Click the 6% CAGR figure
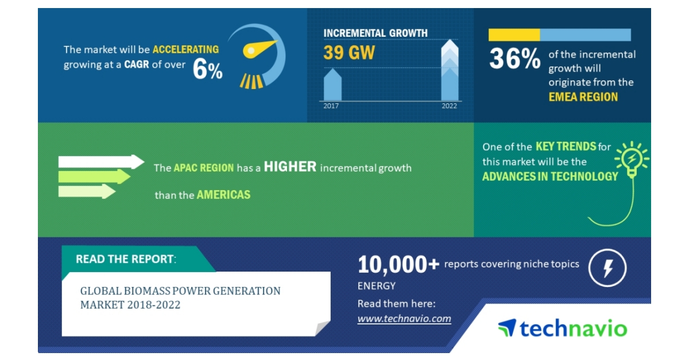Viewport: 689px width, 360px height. click(x=207, y=71)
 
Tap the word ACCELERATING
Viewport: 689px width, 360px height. click(x=185, y=49)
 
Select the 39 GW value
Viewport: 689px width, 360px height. click(x=349, y=53)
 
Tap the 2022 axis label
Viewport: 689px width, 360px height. click(x=449, y=106)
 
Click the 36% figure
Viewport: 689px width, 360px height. click(x=514, y=59)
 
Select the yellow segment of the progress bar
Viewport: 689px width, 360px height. click(x=514, y=35)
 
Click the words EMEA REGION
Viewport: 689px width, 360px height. click(x=583, y=97)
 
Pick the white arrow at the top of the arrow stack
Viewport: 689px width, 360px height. click(x=101, y=162)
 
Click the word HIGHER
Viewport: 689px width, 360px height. click(x=290, y=167)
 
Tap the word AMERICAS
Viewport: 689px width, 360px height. click(x=223, y=195)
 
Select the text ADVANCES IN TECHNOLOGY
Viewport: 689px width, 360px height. click(x=549, y=176)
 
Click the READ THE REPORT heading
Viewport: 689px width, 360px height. click(x=125, y=259)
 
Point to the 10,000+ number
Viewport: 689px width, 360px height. click(x=398, y=264)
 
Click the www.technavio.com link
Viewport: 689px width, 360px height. click(x=404, y=319)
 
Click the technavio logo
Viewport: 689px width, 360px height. click(x=562, y=328)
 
